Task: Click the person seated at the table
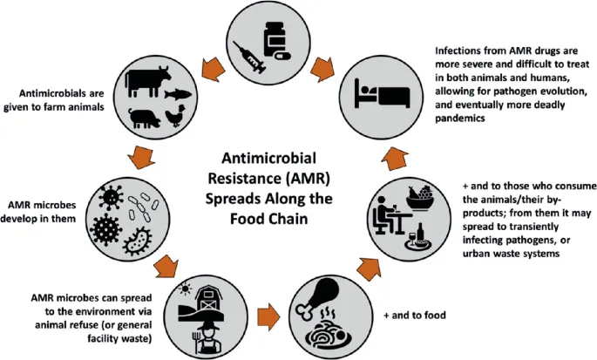(383, 221)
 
